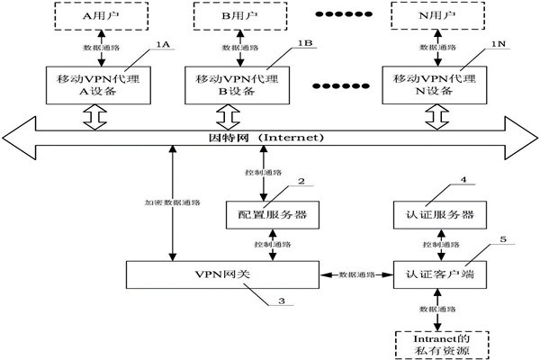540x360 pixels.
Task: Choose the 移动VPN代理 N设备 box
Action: [x=436, y=84]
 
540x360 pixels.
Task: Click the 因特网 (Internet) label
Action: [x=260, y=138]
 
